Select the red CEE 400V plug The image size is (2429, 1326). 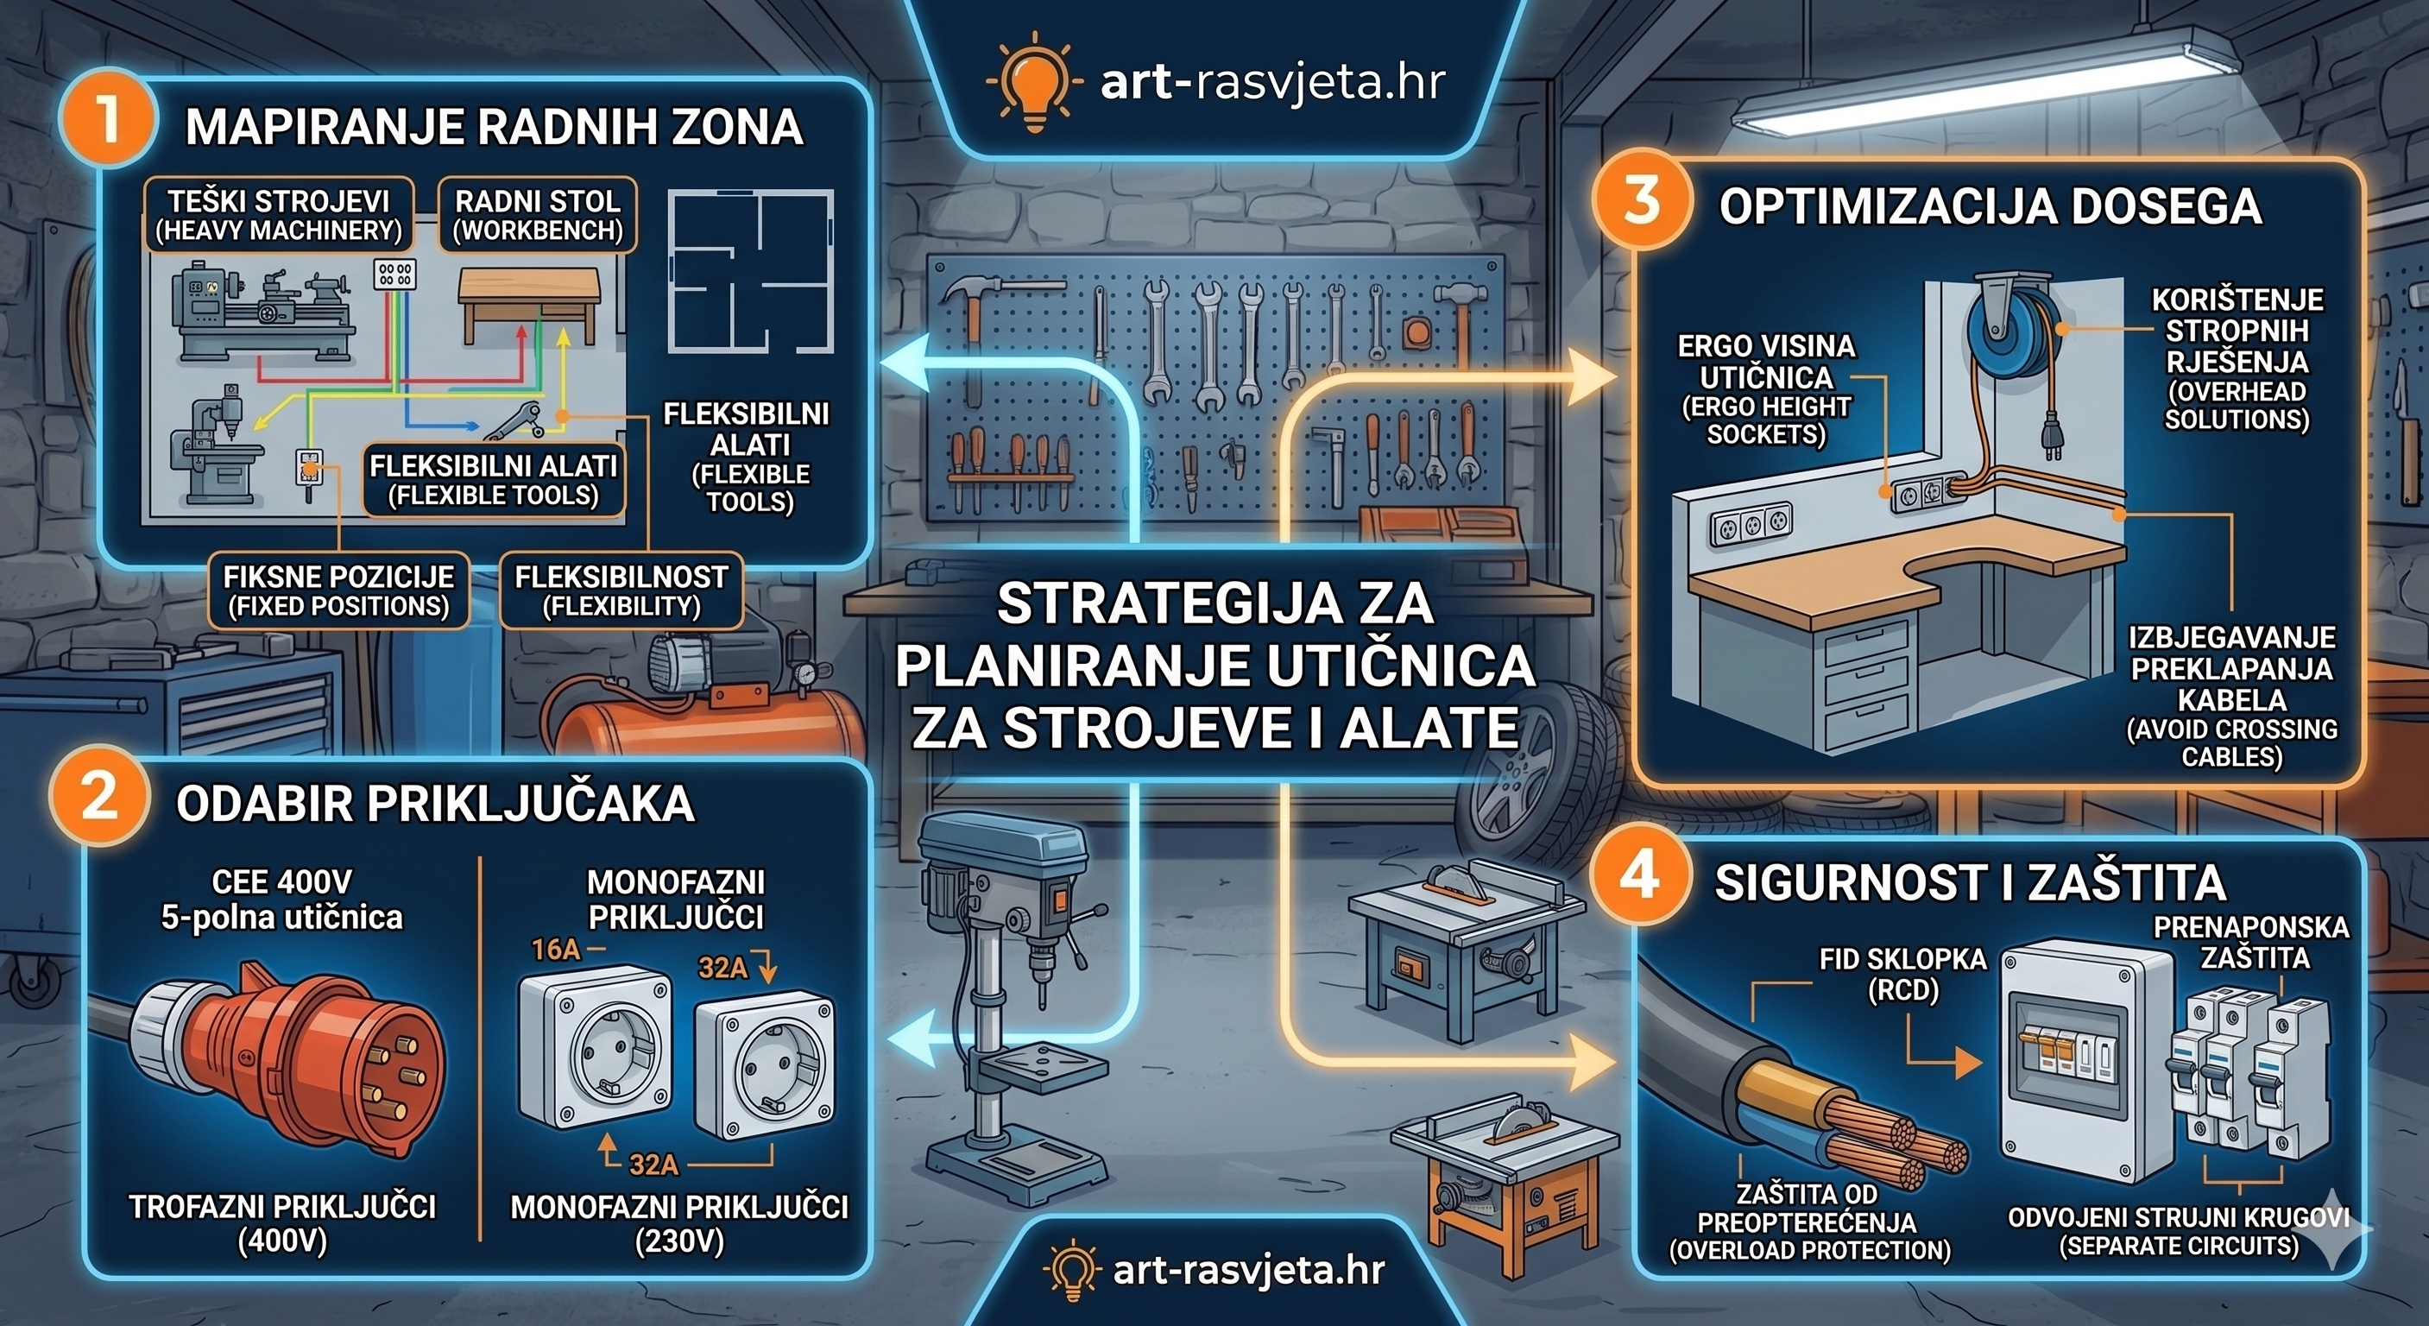click(311, 1058)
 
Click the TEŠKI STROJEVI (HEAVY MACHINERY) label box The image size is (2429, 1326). click(278, 216)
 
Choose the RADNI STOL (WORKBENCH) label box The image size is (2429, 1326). click(538, 216)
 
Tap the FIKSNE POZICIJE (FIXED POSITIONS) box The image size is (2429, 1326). click(338, 591)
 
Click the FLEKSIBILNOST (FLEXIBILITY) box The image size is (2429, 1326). click(621, 591)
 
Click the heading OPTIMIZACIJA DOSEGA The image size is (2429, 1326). click(1990, 207)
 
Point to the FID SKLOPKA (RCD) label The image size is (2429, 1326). click(1902, 975)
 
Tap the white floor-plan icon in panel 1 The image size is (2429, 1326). click(751, 271)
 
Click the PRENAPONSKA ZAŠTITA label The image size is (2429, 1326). click(2249, 942)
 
